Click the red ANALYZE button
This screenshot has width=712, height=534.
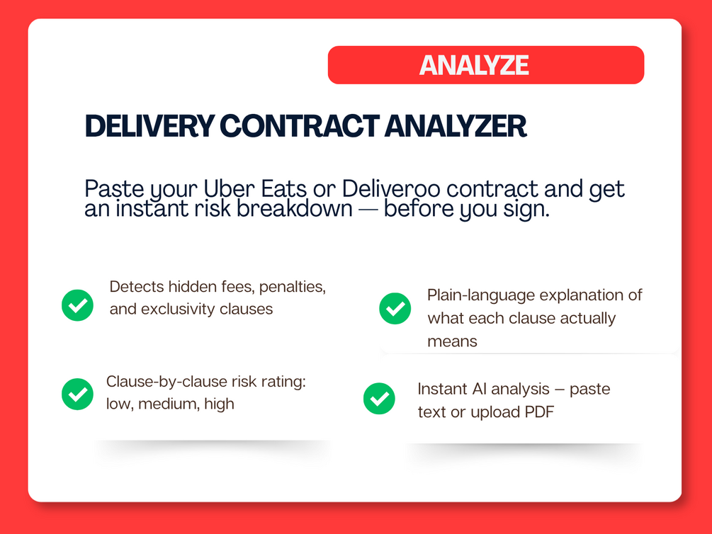pos(486,65)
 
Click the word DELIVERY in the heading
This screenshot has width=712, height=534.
pos(150,126)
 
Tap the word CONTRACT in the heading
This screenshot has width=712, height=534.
pos(300,126)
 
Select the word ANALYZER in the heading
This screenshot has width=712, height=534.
pos(456,126)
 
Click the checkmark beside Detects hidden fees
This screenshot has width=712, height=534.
pos(78,305)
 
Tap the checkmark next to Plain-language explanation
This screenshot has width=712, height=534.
pos(395,308)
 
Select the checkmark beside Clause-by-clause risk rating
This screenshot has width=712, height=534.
pos(78,394)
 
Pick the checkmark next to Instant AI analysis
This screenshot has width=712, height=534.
pos(379,399)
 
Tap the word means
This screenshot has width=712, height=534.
pos(452,341)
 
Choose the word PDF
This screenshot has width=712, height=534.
pos(539,412)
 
